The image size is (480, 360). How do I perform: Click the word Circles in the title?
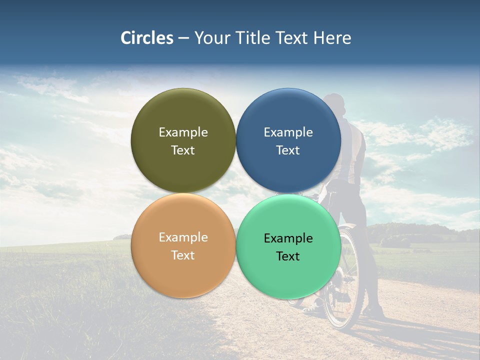click(x=146, y=38)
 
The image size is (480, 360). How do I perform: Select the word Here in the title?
click(x=332, y=38)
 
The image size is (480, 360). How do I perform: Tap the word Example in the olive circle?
click(x=183, y=132)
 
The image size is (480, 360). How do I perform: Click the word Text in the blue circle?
click(x=288, y=150)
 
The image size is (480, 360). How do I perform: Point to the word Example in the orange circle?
click(x=183, y=237)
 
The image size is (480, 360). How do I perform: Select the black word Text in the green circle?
click(x=288, y=256)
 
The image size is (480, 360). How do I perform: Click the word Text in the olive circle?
click(x=183, y=150)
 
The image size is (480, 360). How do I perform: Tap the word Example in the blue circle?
click(x=288, y=132)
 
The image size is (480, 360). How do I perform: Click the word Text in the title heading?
click(x=292, y=38)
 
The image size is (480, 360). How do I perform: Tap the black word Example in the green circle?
click(x=288, y=238)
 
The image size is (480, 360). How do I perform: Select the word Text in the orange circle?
click(x=183, y=255)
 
